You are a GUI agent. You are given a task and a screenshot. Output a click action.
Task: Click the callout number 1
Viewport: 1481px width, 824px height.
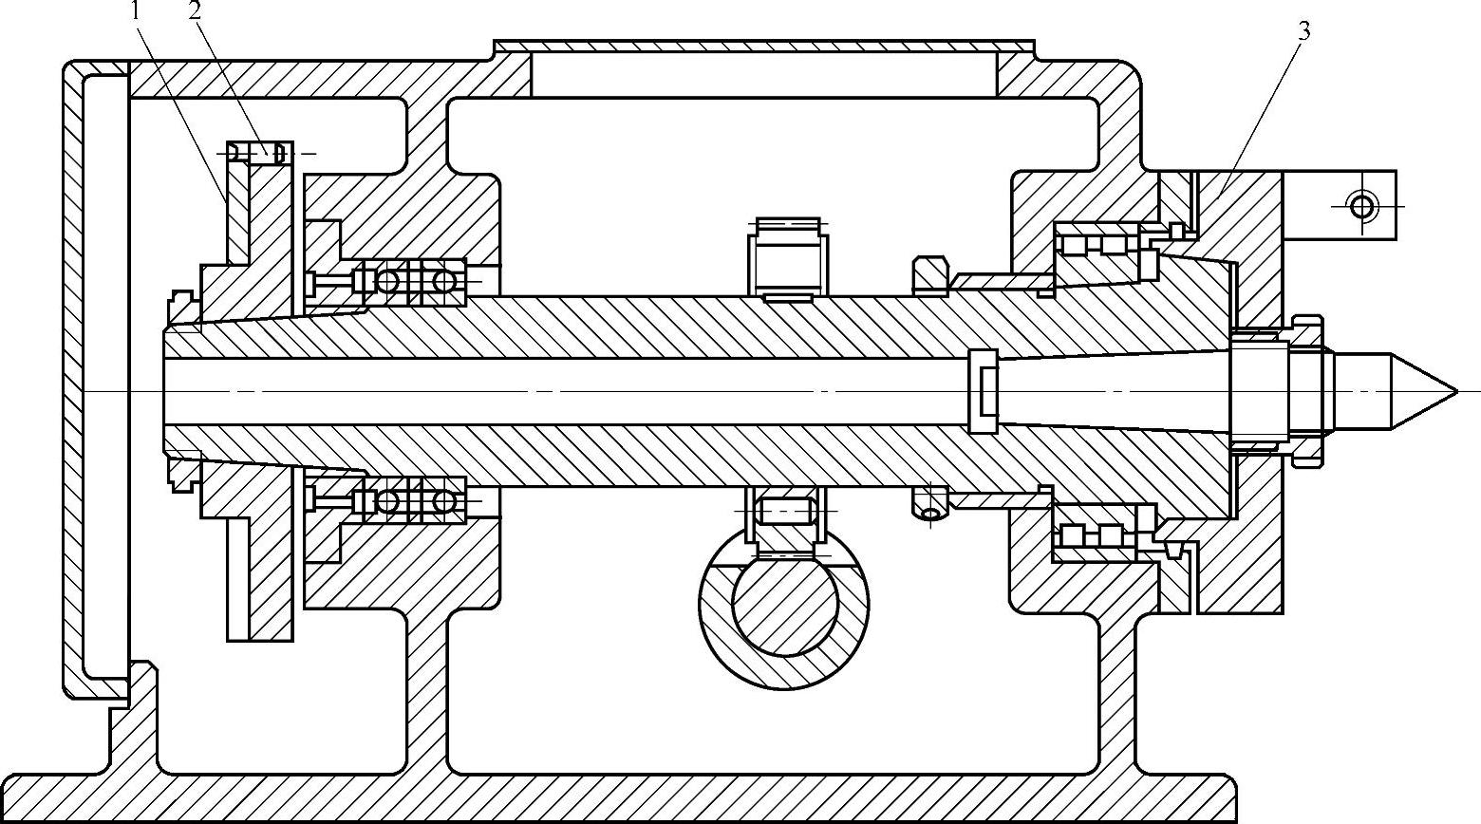137,11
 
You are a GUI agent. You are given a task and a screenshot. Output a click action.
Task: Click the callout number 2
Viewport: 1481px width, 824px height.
196,11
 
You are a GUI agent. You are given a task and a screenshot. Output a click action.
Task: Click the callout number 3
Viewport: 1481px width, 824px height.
1303,31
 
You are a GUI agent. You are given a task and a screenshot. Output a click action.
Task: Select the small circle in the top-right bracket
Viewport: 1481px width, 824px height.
1362,203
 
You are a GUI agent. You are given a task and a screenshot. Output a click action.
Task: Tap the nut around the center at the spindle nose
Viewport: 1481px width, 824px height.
1305,389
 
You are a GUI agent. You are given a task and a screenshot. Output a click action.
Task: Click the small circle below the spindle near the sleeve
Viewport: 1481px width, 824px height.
931,514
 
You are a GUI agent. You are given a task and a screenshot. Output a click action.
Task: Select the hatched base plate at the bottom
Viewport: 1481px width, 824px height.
617,797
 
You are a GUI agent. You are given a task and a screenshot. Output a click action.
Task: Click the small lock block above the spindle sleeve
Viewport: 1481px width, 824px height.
929,272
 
